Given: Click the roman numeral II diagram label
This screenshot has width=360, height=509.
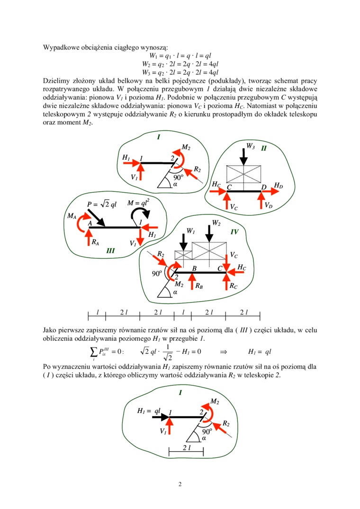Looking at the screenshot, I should (264, 149).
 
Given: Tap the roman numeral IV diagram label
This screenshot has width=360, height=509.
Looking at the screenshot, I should (234, 232).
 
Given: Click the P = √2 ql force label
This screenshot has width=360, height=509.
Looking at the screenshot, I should (102, 204).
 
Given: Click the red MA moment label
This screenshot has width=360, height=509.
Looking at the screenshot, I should (72, 216).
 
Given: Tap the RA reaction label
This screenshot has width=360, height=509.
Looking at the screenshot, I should (95, 242).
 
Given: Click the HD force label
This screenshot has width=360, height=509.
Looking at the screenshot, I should (279, 186).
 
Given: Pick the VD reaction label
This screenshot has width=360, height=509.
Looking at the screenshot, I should (268, 205).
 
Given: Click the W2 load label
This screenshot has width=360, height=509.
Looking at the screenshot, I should (216, 223).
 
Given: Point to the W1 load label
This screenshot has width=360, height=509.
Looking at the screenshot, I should (191, 231).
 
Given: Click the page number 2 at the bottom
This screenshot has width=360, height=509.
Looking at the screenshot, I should (180, 484).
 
